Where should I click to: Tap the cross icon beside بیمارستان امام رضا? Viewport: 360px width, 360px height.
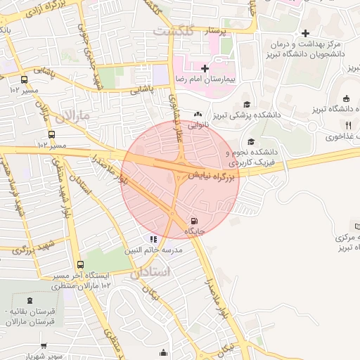pos(205,68)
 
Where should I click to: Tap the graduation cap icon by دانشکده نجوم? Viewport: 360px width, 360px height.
pos(251,142)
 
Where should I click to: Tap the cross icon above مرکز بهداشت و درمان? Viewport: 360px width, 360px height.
pos(305,33)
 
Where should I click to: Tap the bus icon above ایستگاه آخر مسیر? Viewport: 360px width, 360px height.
pos(81,265)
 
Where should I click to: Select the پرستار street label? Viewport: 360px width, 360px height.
pos(217,32)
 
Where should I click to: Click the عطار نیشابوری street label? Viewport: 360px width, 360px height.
pos(176,113)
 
